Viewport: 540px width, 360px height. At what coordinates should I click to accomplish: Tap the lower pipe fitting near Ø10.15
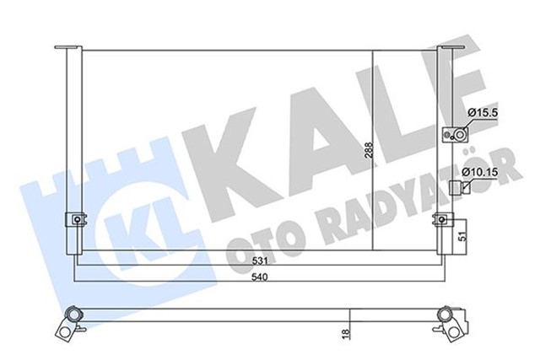[x=456, y=187]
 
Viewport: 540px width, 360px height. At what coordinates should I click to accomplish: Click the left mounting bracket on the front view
[x=75, y=221]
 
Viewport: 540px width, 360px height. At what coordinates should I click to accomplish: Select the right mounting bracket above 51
[x=440, y=221]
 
